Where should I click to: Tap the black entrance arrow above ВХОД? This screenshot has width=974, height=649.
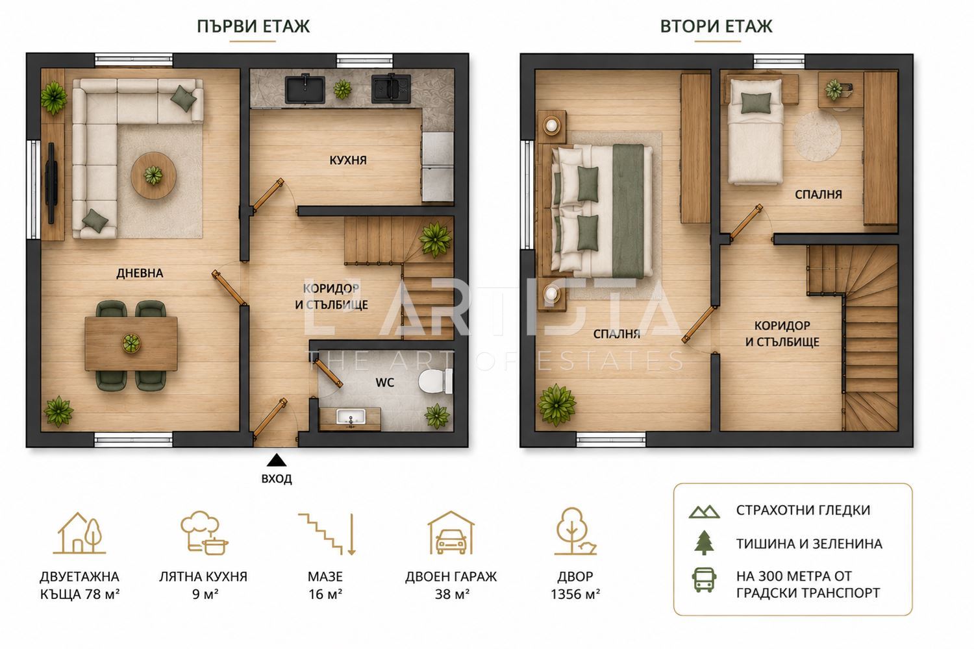pyautogui.click(x=276, y=460)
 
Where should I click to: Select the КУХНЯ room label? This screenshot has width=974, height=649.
pyautogui.click(x=348, y=160)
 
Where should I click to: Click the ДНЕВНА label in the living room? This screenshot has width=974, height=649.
pyautogui.click(x=140, y=273)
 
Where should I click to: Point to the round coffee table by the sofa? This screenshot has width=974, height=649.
pyautogui.click(x=153, y=175)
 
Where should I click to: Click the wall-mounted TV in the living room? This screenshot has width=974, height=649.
pyautogui.click(x=51, y=182)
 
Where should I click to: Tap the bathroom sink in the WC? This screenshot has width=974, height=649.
pyautogui.click(x=351, y=417)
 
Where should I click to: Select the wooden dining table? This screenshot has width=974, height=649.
pyautogui.click(x=131, y=344)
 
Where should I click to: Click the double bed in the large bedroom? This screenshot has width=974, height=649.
pyautogui.click(x=602, y=212)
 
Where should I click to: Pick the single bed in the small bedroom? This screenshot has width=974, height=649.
pyautogui.click(x=755, y=131)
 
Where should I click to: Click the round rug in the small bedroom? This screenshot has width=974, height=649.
pyautogui.click(x=817, y=136)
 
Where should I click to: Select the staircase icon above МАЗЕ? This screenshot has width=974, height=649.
pyautogui.click(x=327, y=534)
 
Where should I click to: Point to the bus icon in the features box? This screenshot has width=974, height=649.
pyautogui.click(x=704, y=580)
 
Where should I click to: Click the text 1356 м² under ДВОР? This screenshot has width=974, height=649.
pyautogui.click(x=575, y=594)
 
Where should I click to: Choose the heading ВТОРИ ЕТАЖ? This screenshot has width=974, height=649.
pyautogui.click(x=716, y=26)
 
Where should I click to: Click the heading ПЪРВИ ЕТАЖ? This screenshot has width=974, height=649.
pyautogui.click(x=253, y=26)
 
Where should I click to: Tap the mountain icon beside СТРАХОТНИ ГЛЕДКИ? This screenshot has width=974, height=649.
pyautogui.click(x=704, y=511)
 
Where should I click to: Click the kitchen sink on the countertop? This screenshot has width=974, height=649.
pyautogui.click(x=305, y=90)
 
